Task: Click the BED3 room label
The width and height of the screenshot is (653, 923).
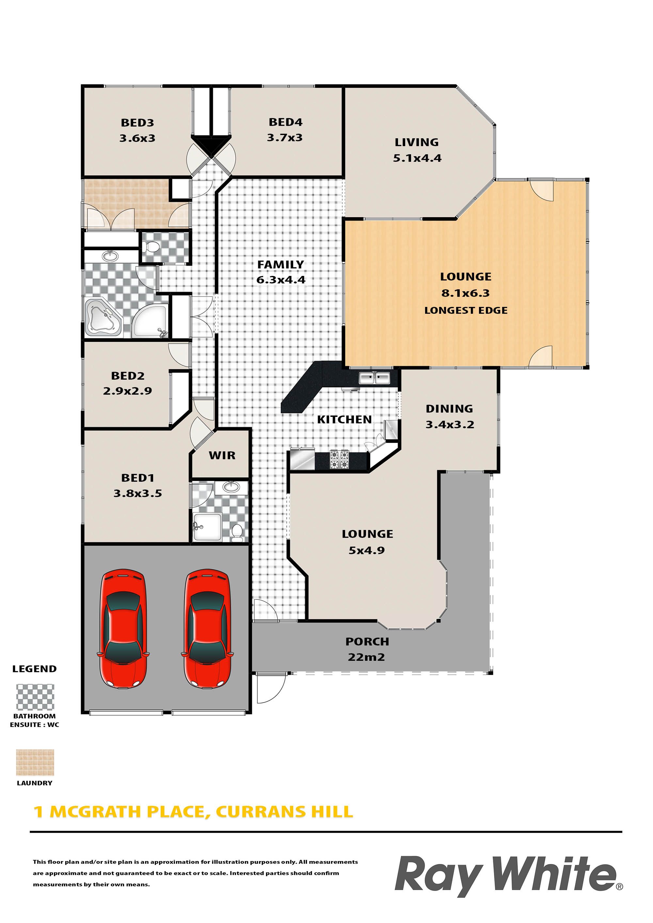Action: pos(137,123)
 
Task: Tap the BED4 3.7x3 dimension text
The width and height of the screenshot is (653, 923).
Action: pos(284,138)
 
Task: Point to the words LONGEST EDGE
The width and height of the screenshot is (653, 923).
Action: pos(466,310)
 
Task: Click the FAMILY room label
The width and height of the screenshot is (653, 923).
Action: pos(280,265)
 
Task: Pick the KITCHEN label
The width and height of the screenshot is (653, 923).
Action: pos(344,419)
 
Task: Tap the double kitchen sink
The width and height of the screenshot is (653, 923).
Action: pos(374,378)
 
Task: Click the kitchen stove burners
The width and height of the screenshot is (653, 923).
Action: pos(339,460)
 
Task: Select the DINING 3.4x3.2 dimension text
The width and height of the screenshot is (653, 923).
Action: pos(450,425)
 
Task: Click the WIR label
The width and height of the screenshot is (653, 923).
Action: pos(222,456)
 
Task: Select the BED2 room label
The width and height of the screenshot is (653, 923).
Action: pos(128,375)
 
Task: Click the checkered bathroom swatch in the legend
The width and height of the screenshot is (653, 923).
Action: pos(35,697)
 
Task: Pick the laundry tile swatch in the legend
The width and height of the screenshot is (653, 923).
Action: pos(35,763)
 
